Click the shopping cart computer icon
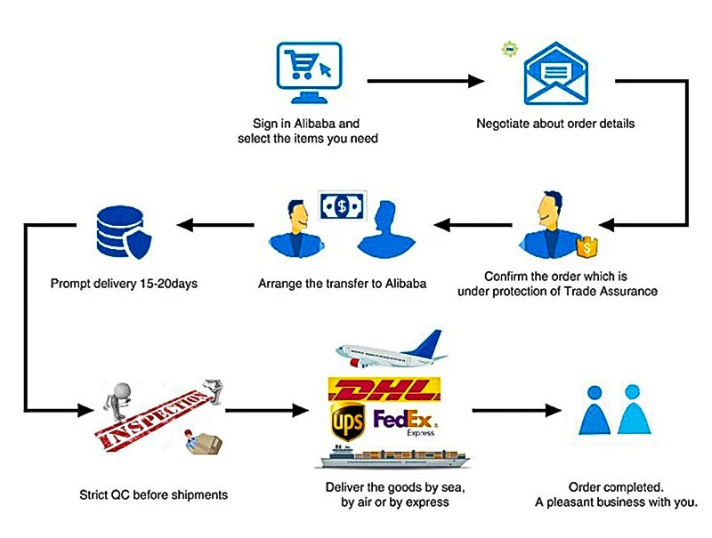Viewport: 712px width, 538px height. pos(307,69)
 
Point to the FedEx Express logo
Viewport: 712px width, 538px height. pos(406,421)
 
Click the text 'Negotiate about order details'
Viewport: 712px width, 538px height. pos(555,124)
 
